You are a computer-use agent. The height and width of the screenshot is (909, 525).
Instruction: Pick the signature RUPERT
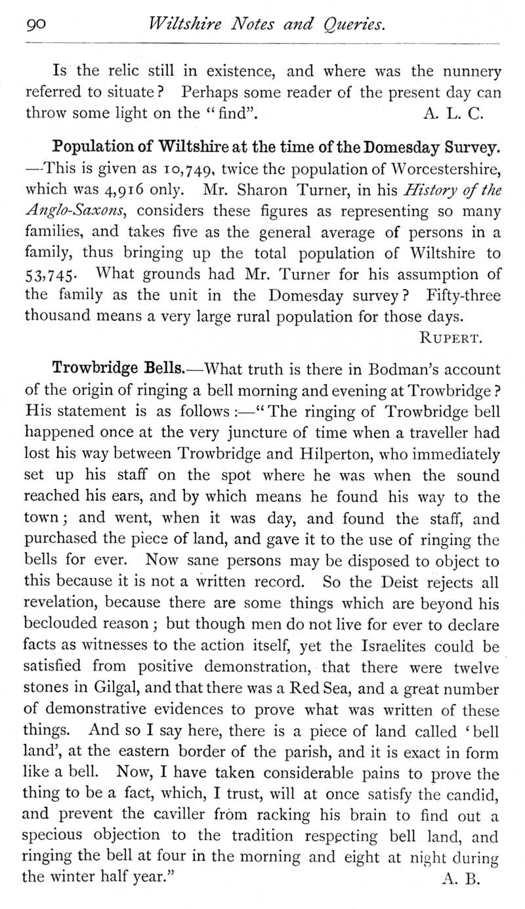point(451,339)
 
